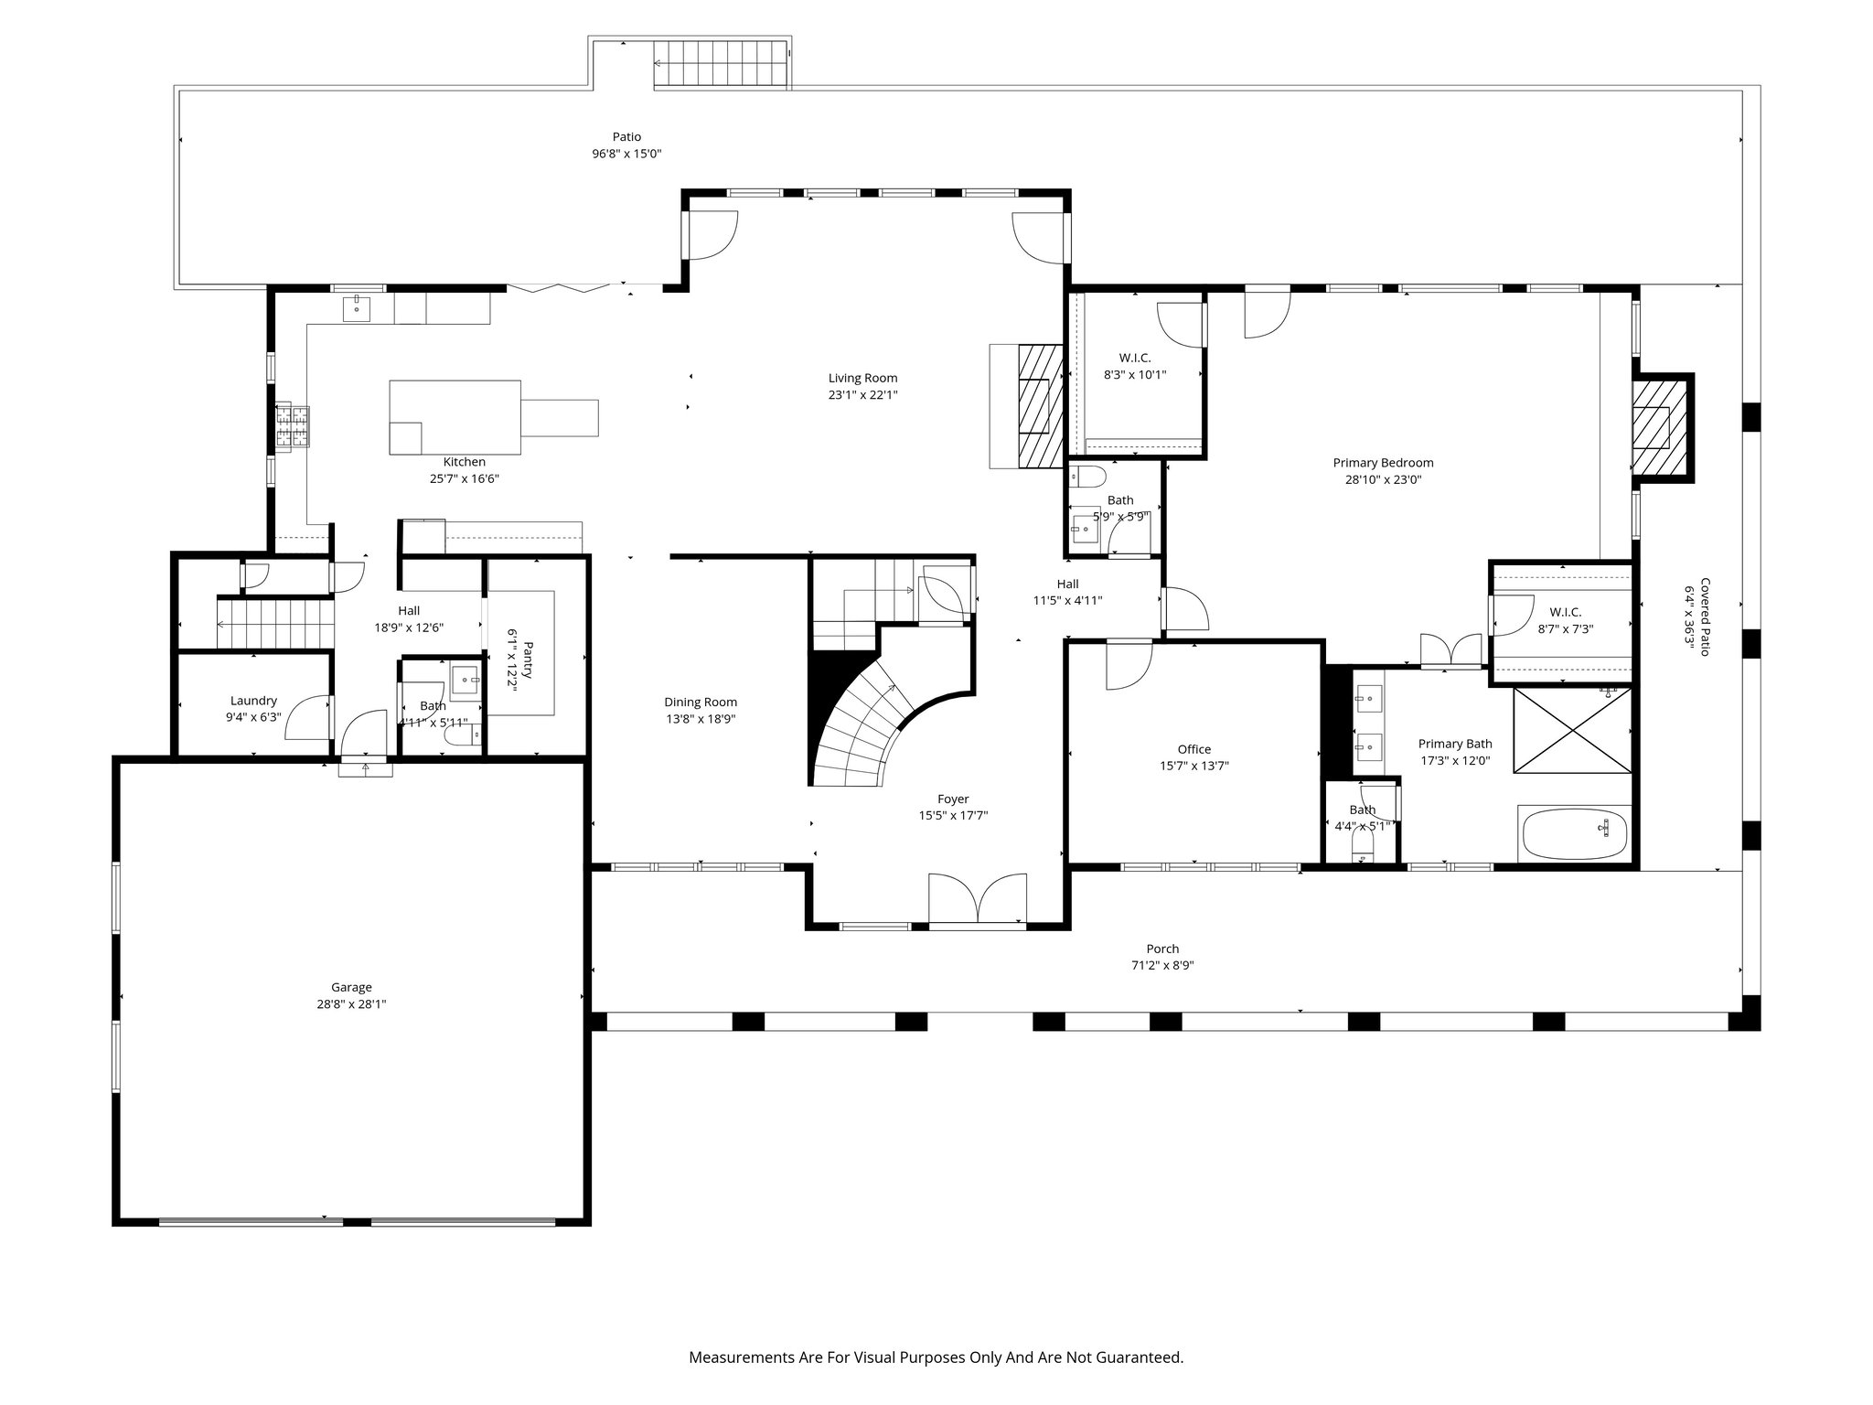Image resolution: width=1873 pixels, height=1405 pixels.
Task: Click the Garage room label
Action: pyautogui.click(x=351, y=987)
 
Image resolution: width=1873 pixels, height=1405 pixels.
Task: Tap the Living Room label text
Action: pyautogui.click(x=862, y=378)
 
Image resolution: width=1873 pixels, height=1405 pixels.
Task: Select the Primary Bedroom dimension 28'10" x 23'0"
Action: pyautogui.click(x=1383, y=479)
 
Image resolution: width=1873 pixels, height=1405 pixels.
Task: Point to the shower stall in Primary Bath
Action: pyautogui.click(x=1571, y=744)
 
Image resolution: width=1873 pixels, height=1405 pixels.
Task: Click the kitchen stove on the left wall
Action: pyautogui.click(x=294, y=427)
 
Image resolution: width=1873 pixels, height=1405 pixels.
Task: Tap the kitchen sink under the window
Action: pyautogui.click(x=356, y=309)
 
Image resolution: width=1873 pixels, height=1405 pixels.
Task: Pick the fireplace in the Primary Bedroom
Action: pyautogui.click(x=1655, y=428)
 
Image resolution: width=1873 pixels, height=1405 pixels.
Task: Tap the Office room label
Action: pyautogui.click(x=1194, y=749)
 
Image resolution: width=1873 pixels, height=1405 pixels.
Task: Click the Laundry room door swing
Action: pyautogui.click(x=306, y=718)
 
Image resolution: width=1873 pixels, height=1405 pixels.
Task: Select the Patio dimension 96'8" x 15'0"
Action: pyautogui.click(x=626, y=154)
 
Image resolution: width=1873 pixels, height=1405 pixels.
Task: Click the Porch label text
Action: pyautogui.click(x=1162, y=949)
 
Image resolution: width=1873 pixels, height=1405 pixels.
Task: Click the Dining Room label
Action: pyautogui.click(x=701, y=702)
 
